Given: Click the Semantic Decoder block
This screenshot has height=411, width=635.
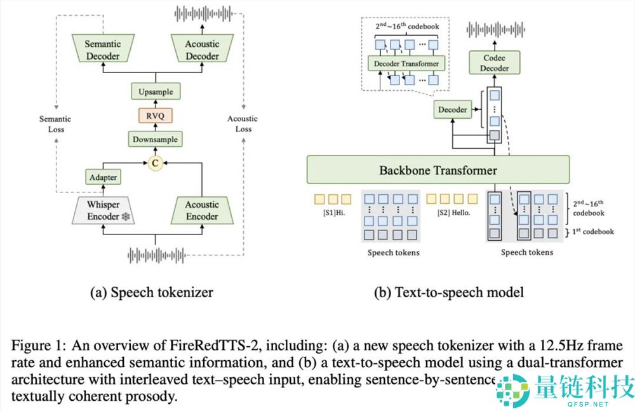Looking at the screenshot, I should pyautogui.click(x=103, y=50).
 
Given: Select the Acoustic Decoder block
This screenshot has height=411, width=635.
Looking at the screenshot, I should pyautogui.click(x=202, y=50).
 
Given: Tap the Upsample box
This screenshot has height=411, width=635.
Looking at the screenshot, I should pyautogui.click(x=156, y=92).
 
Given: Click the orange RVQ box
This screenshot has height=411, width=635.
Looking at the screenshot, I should pyautogui.click(x=156, y=115).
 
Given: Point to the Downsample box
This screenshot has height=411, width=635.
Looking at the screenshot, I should pyautogui.click(x=156, y=139).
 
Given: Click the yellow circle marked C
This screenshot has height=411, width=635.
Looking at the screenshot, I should pyautogui.click(x=156, y=164).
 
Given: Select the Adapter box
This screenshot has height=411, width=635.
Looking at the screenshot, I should pyautogui.click(x=103, y=177).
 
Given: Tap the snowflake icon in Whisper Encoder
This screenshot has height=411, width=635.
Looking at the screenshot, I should pyautogui.click(x=126, y=217).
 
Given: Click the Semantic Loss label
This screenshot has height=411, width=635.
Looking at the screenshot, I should pyautogui.click(x=55, y=124).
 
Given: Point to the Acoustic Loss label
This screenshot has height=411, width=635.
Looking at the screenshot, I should pyautogui.click(x=243, y=124).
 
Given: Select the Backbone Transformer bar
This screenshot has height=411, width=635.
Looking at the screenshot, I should pyautogui.click(x=438, y=170).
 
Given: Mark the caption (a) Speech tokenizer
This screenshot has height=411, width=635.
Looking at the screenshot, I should pyautogui.click(x=152, y=293).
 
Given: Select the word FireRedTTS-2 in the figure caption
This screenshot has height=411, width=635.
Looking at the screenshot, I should pyautogui.click(x=199, y=346).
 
